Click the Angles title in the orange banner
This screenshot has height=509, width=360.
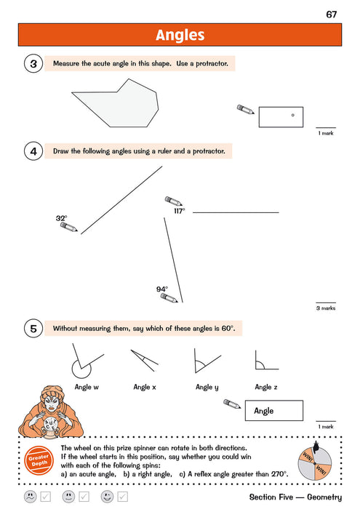point(180,35)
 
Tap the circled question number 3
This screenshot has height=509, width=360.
point(34,64)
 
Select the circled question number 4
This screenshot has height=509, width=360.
point(34,151)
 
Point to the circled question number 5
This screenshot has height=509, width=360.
point(34,329)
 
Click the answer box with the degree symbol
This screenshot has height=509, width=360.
point(281,116)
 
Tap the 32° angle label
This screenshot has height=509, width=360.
point(61,217)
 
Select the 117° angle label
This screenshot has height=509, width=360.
point(179,211)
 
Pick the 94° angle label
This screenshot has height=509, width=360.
point(161,289)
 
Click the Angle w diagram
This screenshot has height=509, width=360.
point(87,362)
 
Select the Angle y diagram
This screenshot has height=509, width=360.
point(205,361)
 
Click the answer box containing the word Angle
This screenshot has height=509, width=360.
point(275,411)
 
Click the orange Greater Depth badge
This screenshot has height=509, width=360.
point(37,460)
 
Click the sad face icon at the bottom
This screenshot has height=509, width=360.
point(30,497)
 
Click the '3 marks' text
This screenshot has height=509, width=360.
point(325,308)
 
